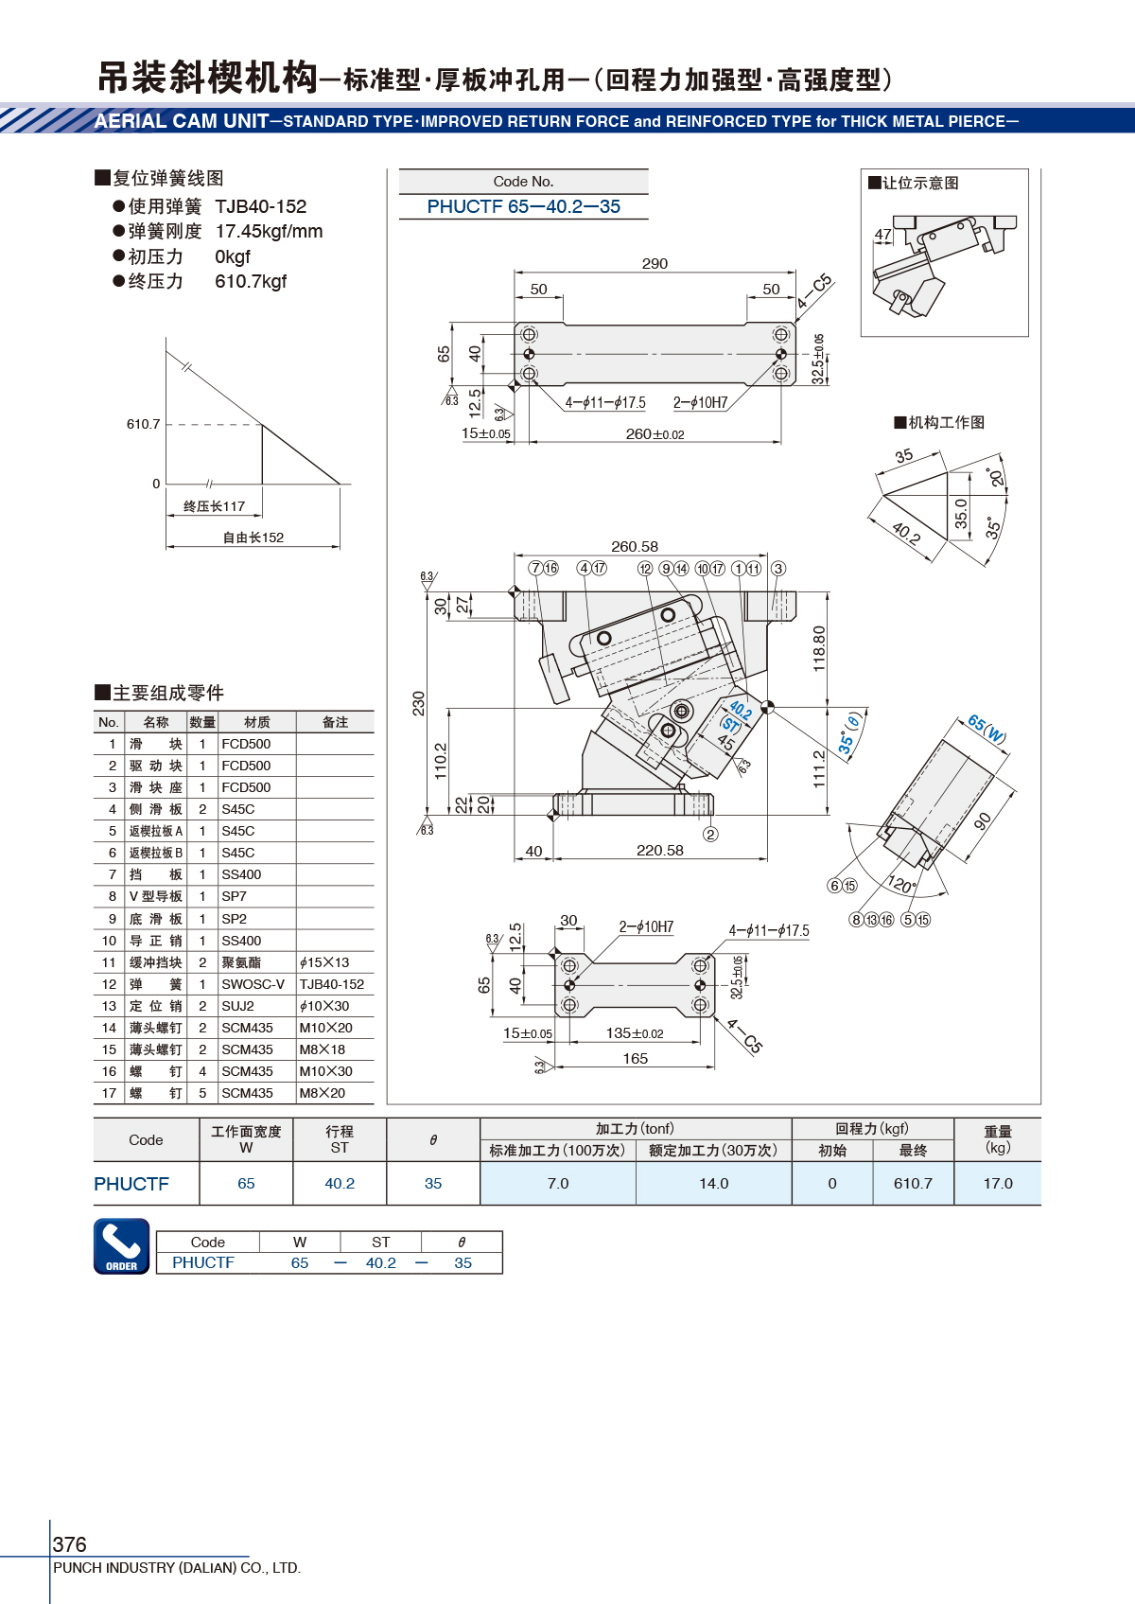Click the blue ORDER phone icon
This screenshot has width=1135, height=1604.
121,1245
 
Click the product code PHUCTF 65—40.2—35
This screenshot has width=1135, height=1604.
523,206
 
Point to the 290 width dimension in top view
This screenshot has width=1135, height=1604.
655,264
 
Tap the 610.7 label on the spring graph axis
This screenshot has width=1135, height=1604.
143,424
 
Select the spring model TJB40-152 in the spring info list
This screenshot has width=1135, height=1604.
261,206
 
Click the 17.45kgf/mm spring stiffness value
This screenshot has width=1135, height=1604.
269,231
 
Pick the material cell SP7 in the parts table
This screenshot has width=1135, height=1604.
234,896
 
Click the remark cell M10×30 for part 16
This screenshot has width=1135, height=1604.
325,1071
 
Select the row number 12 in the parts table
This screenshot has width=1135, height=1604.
110,984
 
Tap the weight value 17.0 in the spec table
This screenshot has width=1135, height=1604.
997,1183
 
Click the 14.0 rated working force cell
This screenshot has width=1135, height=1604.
713,1183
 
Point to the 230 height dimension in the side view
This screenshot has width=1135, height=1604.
419,703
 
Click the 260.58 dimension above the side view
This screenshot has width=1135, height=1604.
635,547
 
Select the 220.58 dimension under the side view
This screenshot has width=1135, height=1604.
659,851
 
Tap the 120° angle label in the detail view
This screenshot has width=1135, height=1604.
901,885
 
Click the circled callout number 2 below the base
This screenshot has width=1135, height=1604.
710,834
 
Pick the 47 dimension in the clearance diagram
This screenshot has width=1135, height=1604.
882,235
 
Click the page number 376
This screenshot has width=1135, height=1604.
70,1544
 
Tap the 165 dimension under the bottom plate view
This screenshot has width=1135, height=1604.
636,1059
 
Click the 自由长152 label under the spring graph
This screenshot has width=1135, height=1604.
253,538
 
